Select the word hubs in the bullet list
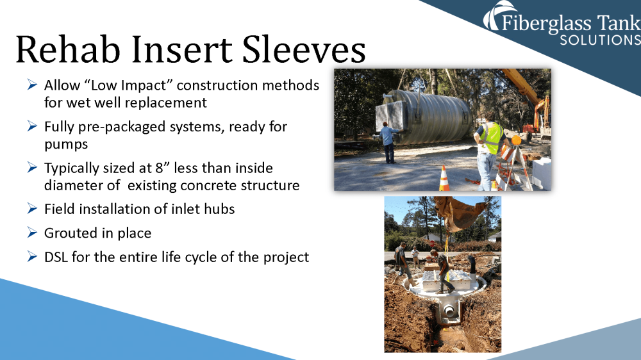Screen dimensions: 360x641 (x=221, y=209)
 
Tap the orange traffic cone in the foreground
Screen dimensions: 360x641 (x=444, y=178)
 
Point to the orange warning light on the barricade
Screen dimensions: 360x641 (x=516, y=140)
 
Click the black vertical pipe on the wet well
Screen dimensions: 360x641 (x=472, y=264)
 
